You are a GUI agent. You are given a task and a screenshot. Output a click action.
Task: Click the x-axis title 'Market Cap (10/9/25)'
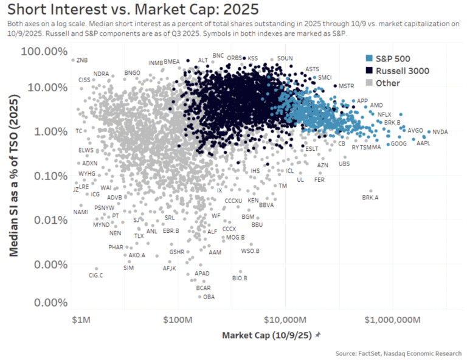click(x=267, y=335)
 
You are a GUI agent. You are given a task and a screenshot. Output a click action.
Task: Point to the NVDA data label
click(x=440, y=132)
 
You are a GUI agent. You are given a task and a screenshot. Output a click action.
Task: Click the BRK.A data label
click(x=370, y=198)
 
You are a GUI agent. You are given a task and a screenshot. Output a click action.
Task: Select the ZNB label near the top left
click(x=82, y=60)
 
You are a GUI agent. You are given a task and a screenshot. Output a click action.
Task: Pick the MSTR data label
click(x=345, y=86)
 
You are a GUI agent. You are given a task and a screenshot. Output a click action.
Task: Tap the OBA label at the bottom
click(x=209, y=297)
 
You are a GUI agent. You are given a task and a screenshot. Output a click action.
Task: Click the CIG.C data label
click(x=96, y=275)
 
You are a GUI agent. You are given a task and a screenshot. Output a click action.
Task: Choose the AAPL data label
click(x=423, y=144)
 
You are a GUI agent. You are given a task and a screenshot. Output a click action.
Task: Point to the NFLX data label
click(x=384, y=114)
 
